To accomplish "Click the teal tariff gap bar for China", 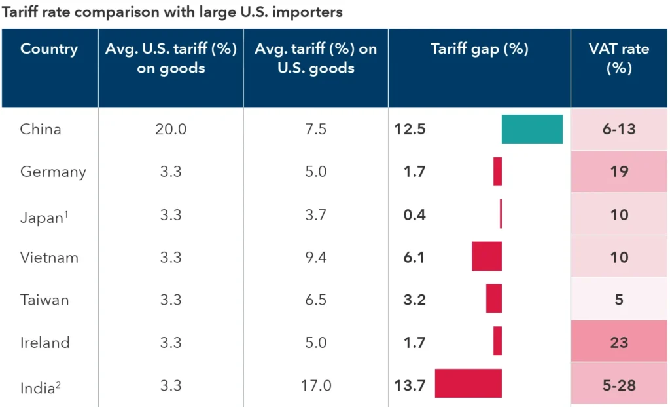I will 532,129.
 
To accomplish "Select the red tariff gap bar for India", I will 468,384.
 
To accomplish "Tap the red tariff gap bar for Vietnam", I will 487,256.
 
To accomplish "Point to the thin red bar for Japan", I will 501,214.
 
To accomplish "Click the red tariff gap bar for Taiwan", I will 494,299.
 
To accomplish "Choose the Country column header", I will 49,49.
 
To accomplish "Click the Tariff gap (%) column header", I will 479,49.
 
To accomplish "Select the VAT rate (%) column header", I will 619,58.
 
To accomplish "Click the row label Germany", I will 53,172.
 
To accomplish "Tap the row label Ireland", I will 44,342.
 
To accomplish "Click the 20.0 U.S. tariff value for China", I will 171,129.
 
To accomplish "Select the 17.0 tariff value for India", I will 315,385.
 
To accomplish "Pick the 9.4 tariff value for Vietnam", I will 315,257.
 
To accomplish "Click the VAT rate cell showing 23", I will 619,342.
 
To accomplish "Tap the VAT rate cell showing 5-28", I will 619,385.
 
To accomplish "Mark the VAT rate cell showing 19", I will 619,172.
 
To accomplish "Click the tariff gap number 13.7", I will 410,385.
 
